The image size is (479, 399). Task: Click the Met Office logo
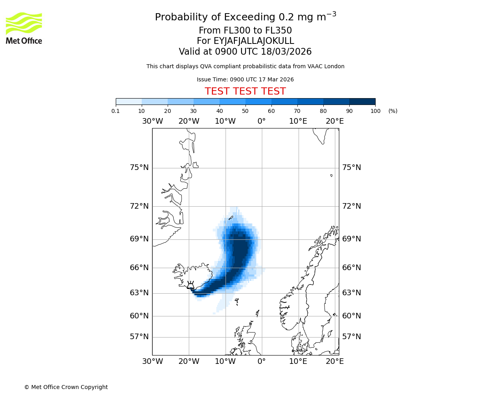coord(24,28)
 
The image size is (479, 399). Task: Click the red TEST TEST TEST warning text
coord(245,91)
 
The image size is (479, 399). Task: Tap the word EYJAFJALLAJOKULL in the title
coord(254,41)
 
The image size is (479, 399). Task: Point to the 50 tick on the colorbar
coord(245,111)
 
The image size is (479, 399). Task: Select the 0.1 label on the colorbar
coord(116,111)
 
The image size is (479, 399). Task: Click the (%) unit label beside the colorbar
coord(393,111)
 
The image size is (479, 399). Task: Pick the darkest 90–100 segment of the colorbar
coord(362,101)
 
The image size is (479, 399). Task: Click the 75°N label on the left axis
coord(139,168)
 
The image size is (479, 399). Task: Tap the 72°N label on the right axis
coord(351,206)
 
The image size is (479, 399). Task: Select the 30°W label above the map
coord(152,121)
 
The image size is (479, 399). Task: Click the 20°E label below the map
coord(335,361)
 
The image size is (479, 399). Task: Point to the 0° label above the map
coord(261,121)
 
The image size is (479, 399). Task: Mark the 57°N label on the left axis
coord(139,337)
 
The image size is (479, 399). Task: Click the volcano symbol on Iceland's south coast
coord(190,285)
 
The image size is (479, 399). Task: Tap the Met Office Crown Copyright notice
coord(66,387)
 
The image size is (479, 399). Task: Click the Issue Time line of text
coord(245,80)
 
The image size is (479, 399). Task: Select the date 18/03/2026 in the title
coord(286,52)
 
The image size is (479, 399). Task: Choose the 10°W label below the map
coord(225,361)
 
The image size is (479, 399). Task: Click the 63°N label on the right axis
coord(351,293)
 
